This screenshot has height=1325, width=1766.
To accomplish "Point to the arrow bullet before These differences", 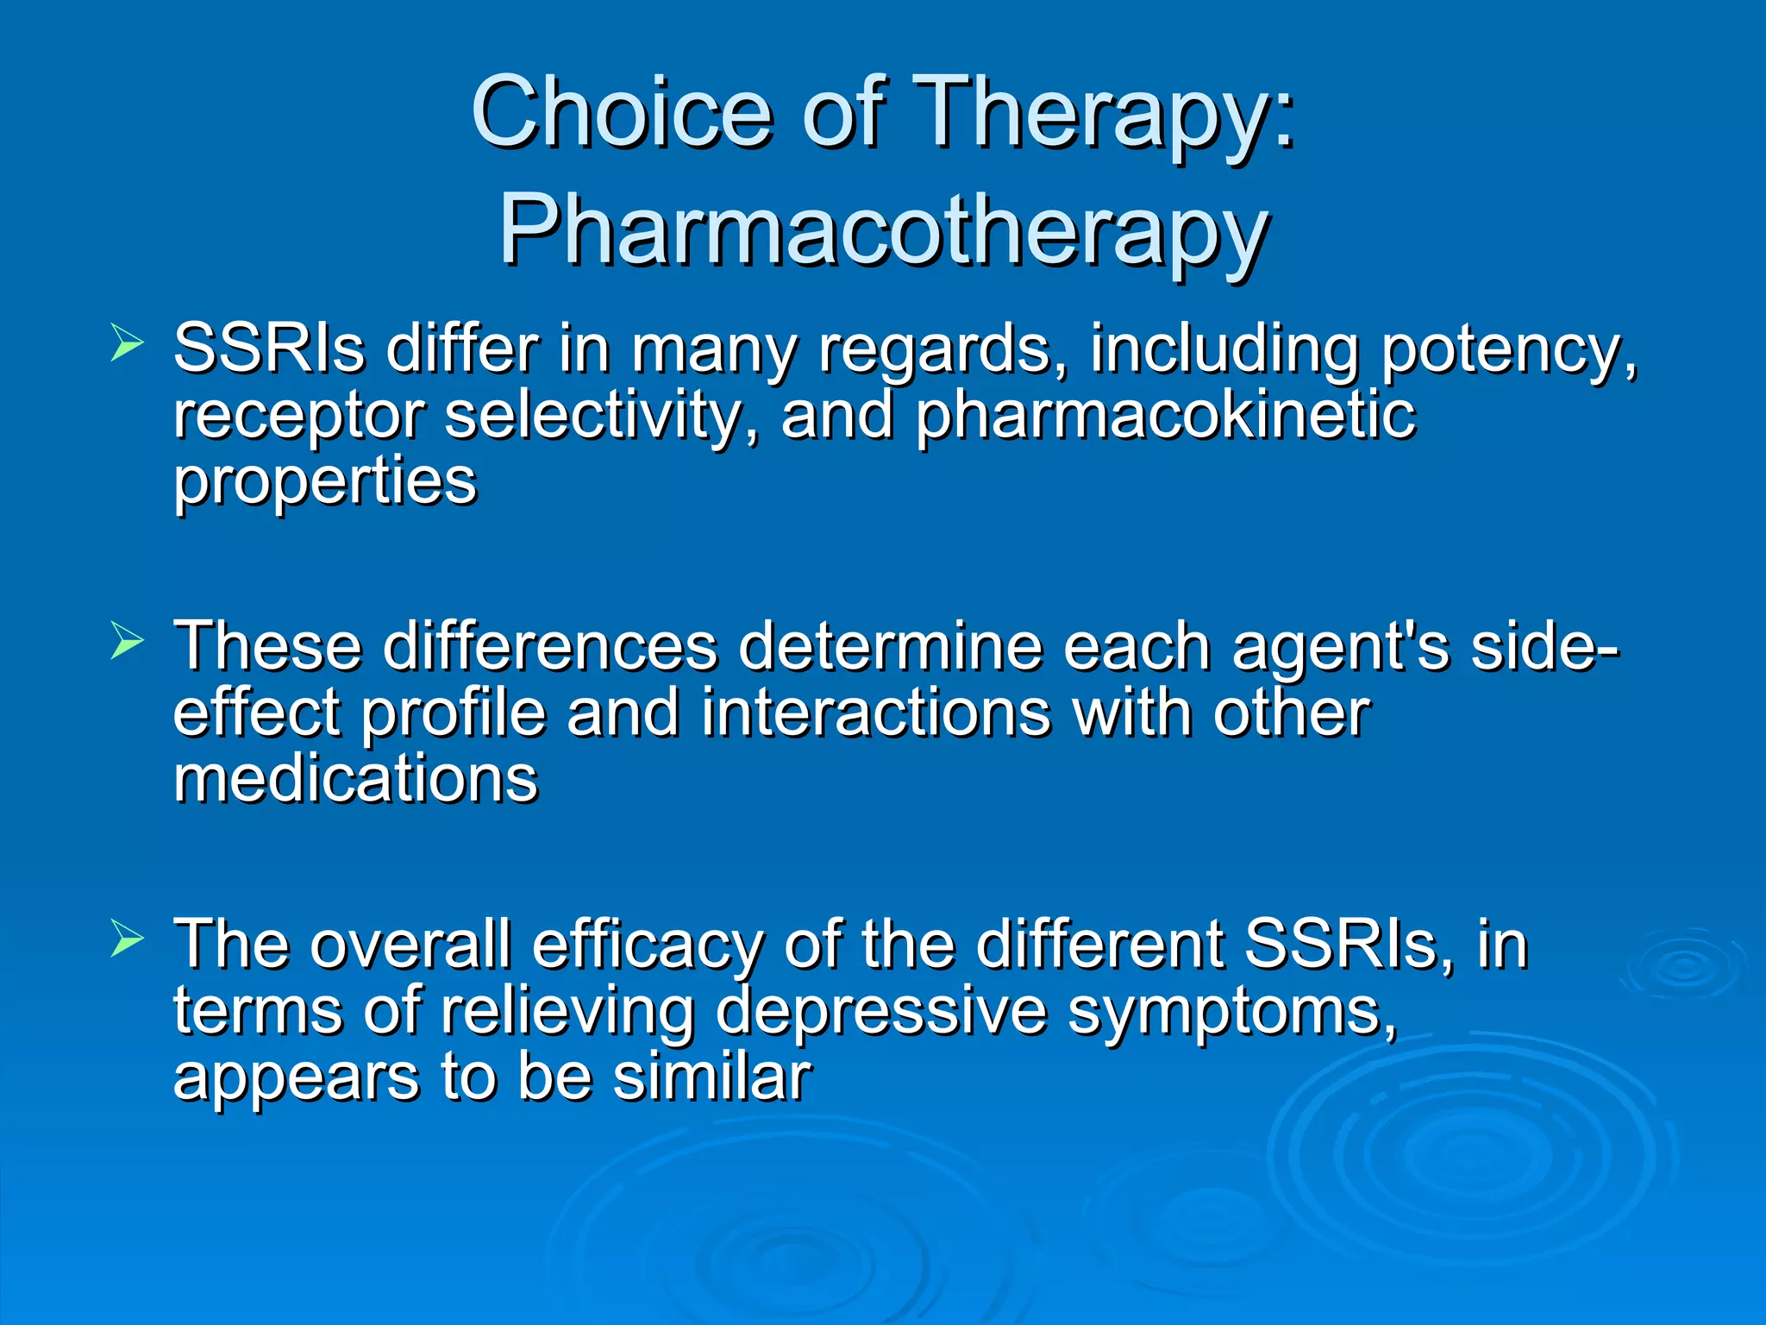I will (x=127, y=642).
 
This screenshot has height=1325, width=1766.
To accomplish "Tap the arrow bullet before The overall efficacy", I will (x=127, y=940).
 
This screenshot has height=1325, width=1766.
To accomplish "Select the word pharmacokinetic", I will (x=1164, y=416).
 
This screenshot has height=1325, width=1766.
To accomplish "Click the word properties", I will (x=324, y=481).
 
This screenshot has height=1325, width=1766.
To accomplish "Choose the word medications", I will (x=355, y=778).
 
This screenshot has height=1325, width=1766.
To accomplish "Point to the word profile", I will (x=453, y=714).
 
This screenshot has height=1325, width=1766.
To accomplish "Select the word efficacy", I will (x=647, y=945).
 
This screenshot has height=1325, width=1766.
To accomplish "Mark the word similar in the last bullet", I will (x=712, y=1077).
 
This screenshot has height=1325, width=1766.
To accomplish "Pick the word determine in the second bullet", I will (x=890, y=647).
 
